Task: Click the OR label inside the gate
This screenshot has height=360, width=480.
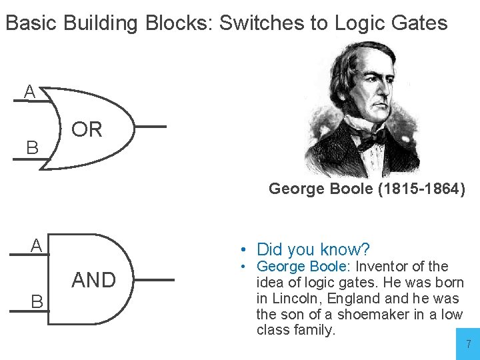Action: click(x=87, y=129)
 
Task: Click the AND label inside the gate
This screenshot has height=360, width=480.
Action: click(x=93, y=281)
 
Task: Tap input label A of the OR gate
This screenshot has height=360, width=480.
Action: click(x=29, y=93)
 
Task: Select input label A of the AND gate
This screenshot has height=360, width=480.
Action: click(x=36, y=245)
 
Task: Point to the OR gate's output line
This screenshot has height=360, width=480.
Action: click(x=149, y=126)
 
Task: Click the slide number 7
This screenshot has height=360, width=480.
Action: click(x=468, y=345)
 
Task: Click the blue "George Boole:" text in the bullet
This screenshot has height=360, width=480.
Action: click(x=300, y=267)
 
